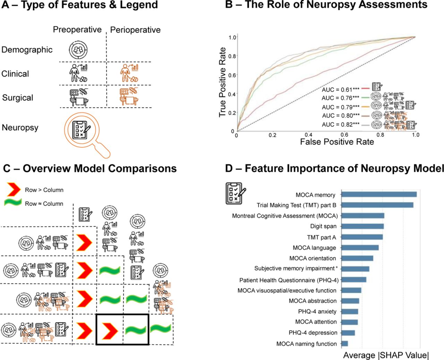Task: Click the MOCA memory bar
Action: coord(379,195)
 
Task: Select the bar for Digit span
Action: coord(362,226)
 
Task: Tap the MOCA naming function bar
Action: coord(344,344)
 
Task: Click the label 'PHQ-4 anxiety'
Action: coord(317,312)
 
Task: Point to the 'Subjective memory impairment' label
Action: coord(294,268)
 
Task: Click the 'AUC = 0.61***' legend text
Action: coord(341,89)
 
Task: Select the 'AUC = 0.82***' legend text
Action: coord(341,125)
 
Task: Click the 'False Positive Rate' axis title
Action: coord(337,142)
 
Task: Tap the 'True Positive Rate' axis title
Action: coord(222,82)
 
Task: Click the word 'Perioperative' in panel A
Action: coord(135,30)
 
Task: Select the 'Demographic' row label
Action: coord(27,50)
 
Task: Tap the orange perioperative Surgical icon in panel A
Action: coord(129,97)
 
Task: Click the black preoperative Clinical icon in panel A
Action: coord(78,73)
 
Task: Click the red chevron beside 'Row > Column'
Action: coord(14,189)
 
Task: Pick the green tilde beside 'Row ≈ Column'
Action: coord(13,203)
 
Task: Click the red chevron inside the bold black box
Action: coord(110,331)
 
